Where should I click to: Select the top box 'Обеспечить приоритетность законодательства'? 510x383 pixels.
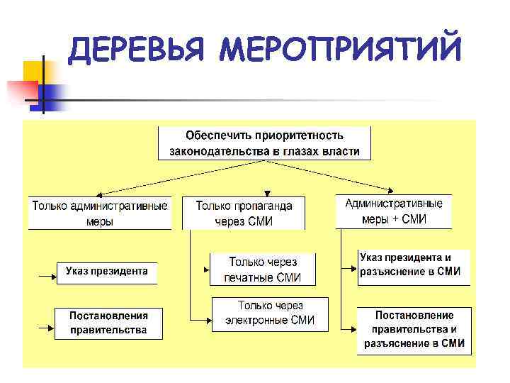coord(264,143)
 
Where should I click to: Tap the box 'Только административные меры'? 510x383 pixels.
coord(100,213)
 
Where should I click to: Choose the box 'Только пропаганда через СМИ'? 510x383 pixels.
coord(244,213)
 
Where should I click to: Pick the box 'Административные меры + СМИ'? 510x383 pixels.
coord(394,211)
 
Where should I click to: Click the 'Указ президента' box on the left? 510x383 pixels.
coord(107,271)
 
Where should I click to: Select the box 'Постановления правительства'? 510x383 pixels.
coord(108,323)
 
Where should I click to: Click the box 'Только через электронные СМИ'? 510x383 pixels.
coord(270,313)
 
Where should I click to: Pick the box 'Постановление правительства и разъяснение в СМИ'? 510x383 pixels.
coord(414,330)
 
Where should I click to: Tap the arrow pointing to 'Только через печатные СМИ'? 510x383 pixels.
coord(202,270)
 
